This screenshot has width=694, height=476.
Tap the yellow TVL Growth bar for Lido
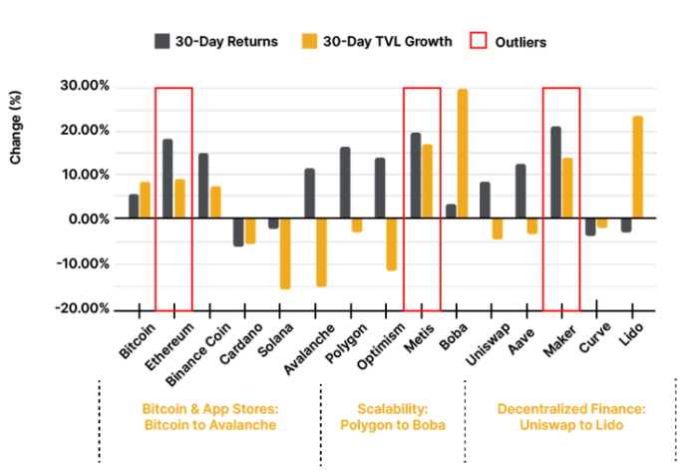pyautogui.click(x=637, y=168)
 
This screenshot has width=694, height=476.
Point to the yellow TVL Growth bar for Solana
pyautogui.click(x=285, y=253)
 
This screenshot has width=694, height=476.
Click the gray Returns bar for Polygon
pyautogui.click(x=344, y=184)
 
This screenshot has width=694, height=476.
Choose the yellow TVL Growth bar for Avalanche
pyautogui.click(x=321, y=252)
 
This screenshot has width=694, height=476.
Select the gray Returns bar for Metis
pyautogui.click(x=415, y=176)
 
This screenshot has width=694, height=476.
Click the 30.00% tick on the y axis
pyautogui.click(x=85, y=87)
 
